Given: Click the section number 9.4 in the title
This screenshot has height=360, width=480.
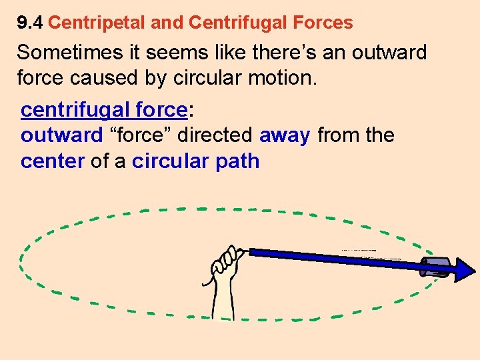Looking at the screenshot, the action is [30, 23].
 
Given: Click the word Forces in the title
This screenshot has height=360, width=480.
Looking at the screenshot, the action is [323, 23].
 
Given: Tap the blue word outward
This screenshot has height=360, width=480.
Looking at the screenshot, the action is [62, 135].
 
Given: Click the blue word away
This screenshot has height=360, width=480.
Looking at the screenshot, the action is [285, 135].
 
